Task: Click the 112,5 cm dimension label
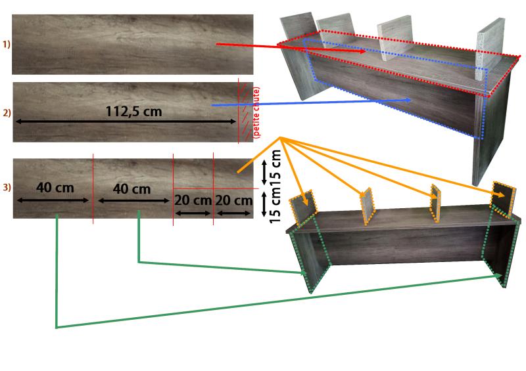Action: (x=133, y=111)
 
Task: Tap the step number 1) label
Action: (x=7, y=45)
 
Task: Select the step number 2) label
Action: (x=7, y=113)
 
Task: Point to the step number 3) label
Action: (x=7, y=188)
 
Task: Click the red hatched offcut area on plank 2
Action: (x=245, y=112)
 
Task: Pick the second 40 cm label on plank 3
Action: (x=131, y=188)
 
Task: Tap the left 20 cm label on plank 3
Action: (x=193, y=200)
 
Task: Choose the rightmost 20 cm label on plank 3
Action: (x=233, y=200)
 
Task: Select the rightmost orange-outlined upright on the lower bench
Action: (x=505, y=199)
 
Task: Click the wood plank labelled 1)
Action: (x=131, y=45)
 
